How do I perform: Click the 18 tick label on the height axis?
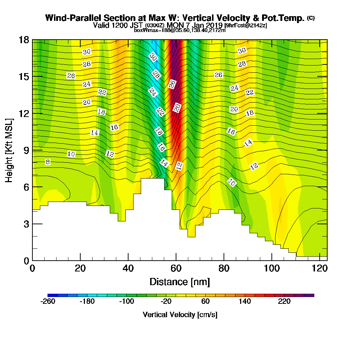tap(24, 40)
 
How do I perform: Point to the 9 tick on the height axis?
tap(32, 150)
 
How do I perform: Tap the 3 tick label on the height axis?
tap(26, 224)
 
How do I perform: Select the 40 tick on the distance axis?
tap(128, 260)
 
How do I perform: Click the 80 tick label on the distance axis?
tap(224, 269)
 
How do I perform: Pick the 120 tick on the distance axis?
tap(320, 260)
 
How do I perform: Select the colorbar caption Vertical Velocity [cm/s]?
tap(180, 315)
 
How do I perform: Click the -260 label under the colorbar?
tap(48, 302)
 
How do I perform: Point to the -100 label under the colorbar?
tap(127, 302)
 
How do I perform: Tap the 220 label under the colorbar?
tap(284, 302)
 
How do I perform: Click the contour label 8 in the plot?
tap(48, 162)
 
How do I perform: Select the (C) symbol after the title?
tap(311, 18)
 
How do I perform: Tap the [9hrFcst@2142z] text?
tap(246, 26)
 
